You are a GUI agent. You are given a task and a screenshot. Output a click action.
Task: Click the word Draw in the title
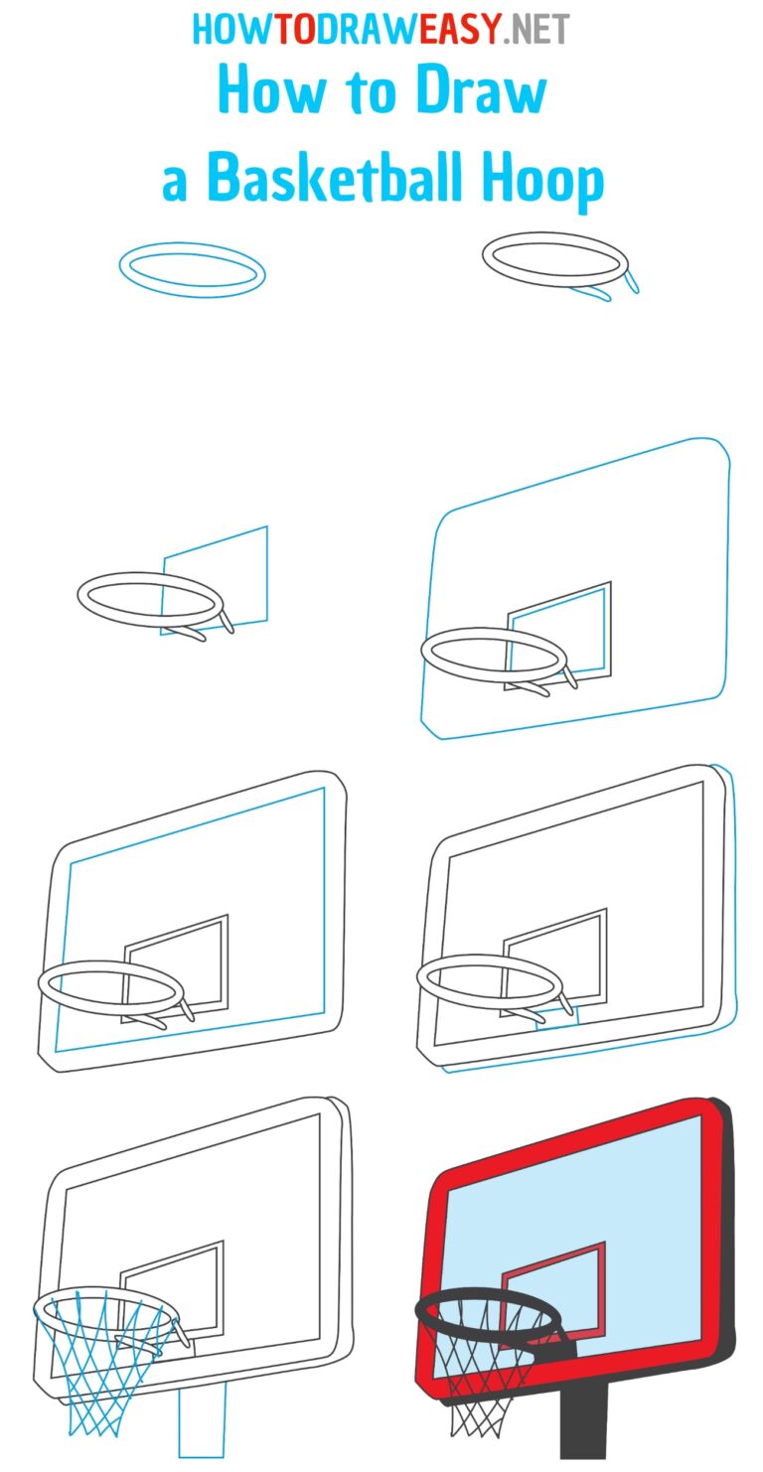[481, 92]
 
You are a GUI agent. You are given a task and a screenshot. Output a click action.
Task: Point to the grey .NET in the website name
[537, 30]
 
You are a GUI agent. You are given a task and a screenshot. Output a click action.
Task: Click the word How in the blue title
[260, 92]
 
